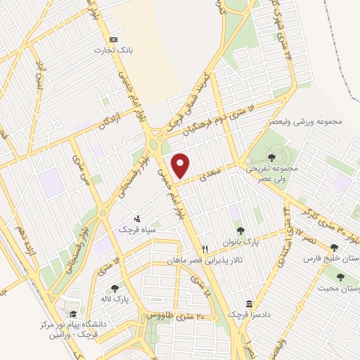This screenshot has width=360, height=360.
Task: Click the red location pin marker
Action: pos(181,165)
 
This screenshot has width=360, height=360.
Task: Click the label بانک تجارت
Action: pos(113,51)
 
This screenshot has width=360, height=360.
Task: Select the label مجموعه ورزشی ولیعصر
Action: pos(305,121)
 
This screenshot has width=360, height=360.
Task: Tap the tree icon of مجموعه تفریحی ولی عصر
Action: pos(272,156)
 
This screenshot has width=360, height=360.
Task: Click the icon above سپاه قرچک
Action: pos(136,218)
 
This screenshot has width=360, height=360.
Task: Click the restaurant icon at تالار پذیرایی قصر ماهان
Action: pos(205,248)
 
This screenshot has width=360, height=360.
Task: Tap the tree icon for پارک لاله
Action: pos(114,288)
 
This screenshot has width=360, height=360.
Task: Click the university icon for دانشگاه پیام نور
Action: pos(72,314)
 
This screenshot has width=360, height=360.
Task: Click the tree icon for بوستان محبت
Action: pos(340,276)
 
